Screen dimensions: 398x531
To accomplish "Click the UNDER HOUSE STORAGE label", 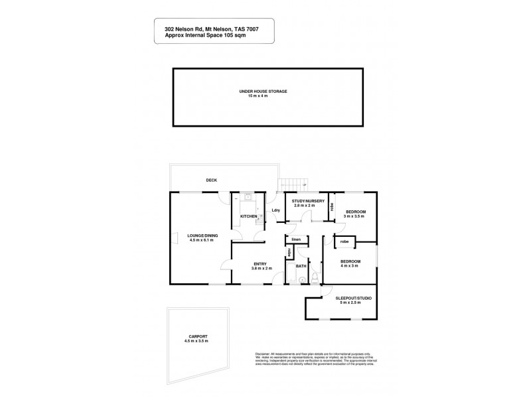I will click(264, 91).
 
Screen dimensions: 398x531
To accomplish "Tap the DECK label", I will click(211, 180).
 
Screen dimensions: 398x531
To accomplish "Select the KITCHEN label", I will click(249, 216).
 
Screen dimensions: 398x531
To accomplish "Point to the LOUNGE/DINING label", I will click(203, 235).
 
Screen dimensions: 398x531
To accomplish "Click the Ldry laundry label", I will click(276, 211).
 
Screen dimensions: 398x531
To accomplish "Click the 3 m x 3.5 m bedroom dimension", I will click(356, 218).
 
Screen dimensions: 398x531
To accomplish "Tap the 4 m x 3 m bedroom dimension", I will click(350, 267).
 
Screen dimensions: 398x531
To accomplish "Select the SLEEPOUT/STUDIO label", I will click(352, 298).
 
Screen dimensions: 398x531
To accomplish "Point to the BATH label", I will click(301, 266).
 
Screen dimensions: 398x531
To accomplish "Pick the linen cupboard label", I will click(296, 239).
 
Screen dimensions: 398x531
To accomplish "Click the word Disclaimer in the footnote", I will click(264, 356).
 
